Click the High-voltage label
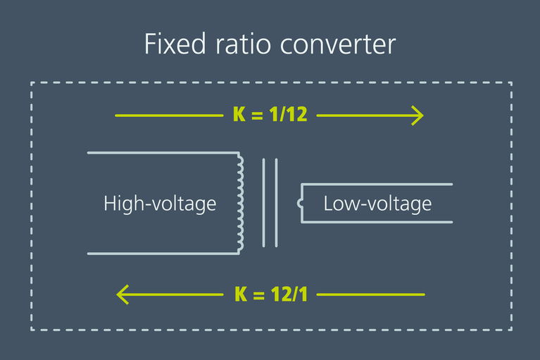[160, 204]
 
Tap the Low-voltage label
[377, 204]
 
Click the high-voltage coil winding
[241, 202]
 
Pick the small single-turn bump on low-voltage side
[301, 204]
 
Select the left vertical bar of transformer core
[264, 202]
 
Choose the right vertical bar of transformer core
[276, 202]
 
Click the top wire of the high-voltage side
[162, 152]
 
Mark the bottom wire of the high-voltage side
[162, 253]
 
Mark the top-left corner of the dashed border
[32, 83]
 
